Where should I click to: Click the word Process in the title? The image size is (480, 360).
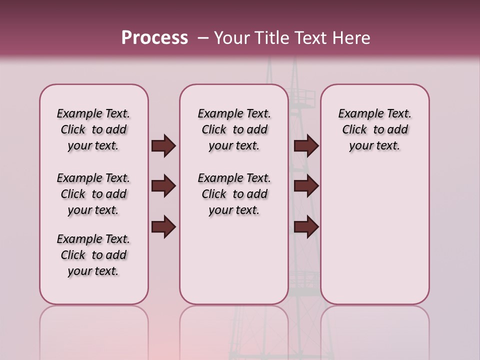coord(154,38)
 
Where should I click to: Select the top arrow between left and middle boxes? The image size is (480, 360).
coord(163,145)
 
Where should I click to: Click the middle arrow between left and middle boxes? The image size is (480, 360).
coord(163,186)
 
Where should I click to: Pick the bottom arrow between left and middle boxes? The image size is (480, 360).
coord(163,227)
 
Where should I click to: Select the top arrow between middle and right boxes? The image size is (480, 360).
coord(306,145)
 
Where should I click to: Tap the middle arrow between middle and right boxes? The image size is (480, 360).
coord(306,186)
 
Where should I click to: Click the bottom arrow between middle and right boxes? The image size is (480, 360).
coord(306,227)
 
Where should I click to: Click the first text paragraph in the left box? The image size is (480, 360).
coord(93,129)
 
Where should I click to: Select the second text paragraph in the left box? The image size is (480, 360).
coord(93,194)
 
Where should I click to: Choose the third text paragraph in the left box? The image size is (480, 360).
coord(93,255)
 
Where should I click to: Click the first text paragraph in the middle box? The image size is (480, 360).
coord(234,129)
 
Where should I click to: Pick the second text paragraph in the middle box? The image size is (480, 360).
coord(234,194)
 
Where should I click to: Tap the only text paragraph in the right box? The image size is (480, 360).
coord(374,129)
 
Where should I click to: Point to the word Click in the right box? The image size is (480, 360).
coord(354,130)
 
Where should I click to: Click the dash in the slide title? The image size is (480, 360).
coord(203,38)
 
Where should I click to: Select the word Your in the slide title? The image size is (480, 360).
coord(232,38)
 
